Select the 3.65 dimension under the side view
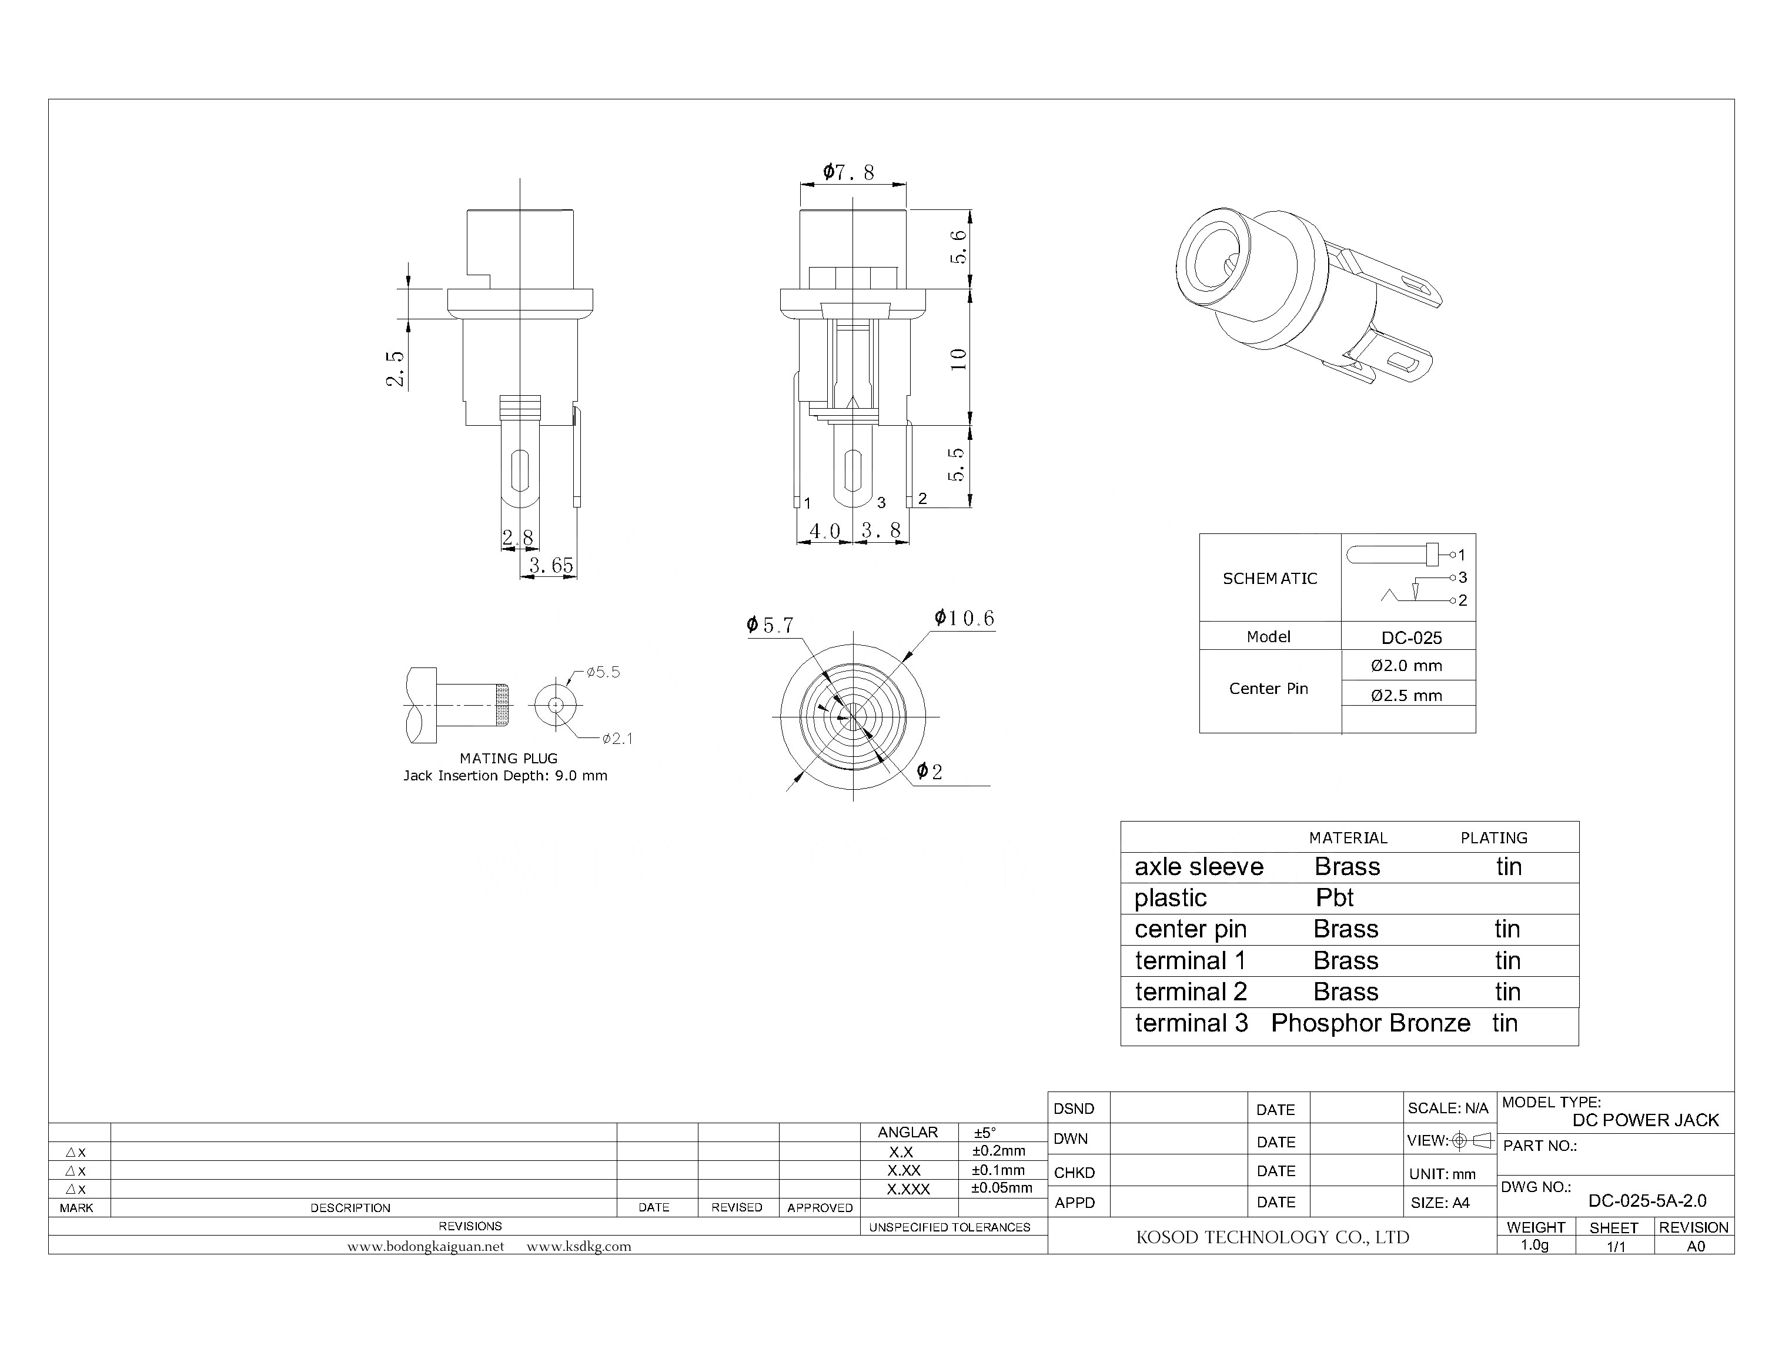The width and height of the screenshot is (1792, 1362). tap(551, 565)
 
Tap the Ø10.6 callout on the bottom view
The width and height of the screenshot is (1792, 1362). tap(964, 619)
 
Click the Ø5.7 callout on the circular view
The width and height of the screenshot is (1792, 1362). tap(770, 625)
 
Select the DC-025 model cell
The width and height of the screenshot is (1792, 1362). tap(1411, 637)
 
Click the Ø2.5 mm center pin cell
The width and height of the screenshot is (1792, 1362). tap(1406, 695)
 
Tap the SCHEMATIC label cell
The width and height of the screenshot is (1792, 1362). tap(1269, 579)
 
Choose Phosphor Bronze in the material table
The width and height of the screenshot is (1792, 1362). tap(1370, 1023)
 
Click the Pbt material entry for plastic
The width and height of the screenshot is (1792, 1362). tap(1334, 897)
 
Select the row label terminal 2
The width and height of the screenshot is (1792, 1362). tap(1191, 992)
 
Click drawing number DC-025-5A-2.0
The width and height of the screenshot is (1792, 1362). tap(1647, 1201)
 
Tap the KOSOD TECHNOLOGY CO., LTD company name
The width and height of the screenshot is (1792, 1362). tap(1272, 1237)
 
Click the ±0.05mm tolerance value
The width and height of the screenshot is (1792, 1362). tap(1001, 1188)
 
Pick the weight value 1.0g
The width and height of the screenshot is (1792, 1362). tap(1534, 1245)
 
